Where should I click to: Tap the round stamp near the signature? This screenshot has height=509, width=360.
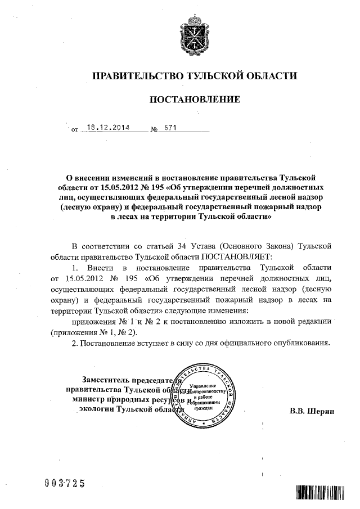[x=204, y=394]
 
